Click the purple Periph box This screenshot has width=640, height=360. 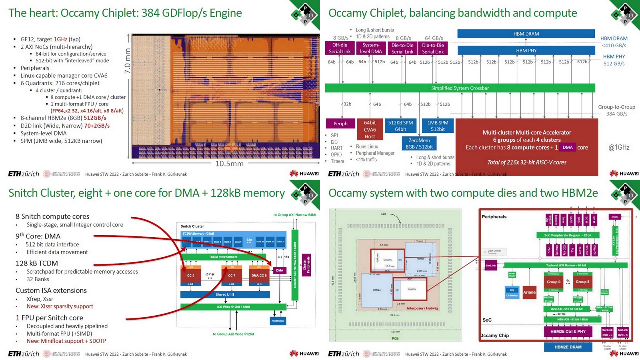tap(340, 124)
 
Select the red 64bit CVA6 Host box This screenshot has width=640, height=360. tap(370, 130)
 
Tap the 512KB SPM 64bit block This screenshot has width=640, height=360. tap(400, 126)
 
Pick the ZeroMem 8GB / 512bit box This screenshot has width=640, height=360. tap(419, 144)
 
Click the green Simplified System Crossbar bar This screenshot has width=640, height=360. tap(460, 88)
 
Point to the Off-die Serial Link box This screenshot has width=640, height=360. tap(340, 48)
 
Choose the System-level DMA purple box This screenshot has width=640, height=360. tap(371, 48)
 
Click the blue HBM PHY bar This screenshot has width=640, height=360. tap(526, 51)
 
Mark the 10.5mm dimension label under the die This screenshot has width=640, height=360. tap(229, 164)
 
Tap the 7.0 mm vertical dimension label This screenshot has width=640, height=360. tap(128, 61)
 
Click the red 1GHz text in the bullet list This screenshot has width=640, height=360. tap(60, 39)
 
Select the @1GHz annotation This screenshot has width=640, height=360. tap(619, 147)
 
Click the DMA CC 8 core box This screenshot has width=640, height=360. tap(259, 275)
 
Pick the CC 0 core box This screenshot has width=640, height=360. tap(191, 275)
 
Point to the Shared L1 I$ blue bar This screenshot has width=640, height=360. tap(225, 294)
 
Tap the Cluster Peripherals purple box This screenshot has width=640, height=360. tap(306, 265)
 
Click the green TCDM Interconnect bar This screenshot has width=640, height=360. tap(223, 257)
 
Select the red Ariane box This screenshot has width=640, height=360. tap(529, 292)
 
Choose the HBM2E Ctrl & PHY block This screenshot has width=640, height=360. tap(568, 331)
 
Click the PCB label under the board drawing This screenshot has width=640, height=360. tap(395, 338)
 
